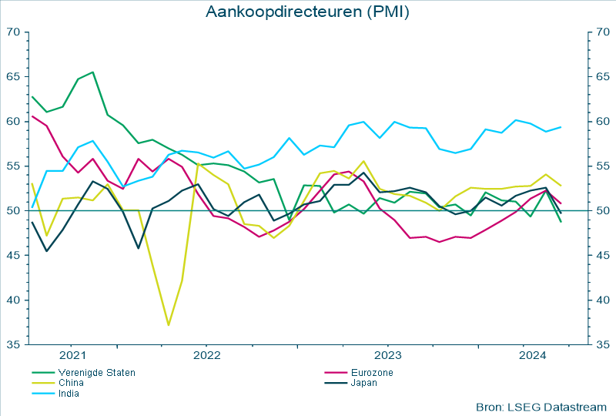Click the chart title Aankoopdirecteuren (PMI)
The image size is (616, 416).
[x=307, y=12]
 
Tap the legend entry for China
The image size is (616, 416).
[x=71, y=383]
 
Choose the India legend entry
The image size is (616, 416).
[x=69, y=393]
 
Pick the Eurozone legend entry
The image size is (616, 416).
[x=372, y=373]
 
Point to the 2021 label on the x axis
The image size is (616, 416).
[x=72, y=355]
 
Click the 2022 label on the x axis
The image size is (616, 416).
[x=207, y=355]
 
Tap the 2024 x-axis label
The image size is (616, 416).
[x=533, y=355]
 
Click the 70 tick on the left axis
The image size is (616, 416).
[x=13, y=32]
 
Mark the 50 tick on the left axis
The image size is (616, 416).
[x=13, y=211]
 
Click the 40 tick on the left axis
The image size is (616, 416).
[x=13, y=300]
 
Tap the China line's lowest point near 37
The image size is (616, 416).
[x=168, y=325]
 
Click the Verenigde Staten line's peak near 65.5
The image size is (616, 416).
[x=93, y=72]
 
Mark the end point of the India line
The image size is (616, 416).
[x=561, y=127]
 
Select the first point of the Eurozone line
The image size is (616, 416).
[x=32, y=116]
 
